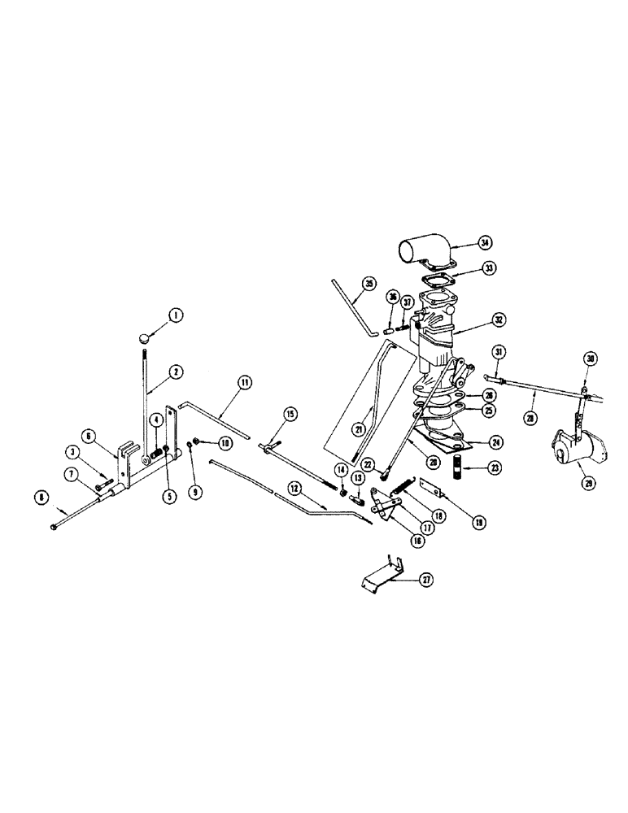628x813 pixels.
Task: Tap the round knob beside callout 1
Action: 144,337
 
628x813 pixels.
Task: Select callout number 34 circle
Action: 485,242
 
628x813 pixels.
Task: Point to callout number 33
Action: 490,267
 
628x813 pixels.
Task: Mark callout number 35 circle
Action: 369,284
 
